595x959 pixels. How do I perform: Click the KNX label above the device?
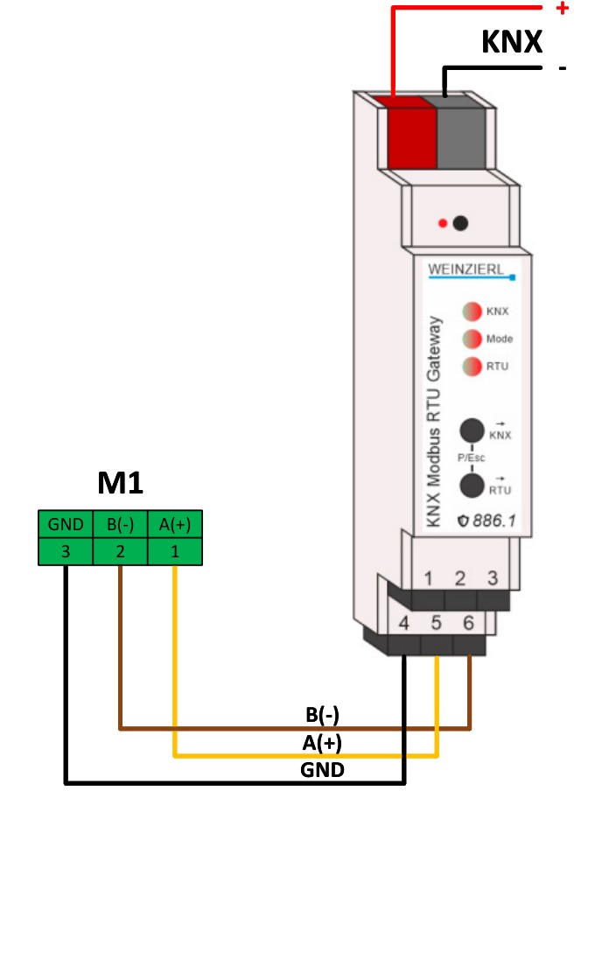(512, 42)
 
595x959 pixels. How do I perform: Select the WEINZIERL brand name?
(466, 269)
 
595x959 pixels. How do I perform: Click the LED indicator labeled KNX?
(472, 311)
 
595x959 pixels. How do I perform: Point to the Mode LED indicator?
(472, 339)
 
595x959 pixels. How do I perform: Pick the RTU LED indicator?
(472, 367)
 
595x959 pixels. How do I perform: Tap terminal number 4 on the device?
(404, 623)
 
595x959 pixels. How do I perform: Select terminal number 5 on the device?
(437, 623)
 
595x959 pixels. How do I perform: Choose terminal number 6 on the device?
(469, 623)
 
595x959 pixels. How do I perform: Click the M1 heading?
(120, 484)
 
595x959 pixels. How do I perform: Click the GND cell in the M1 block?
(66, 524)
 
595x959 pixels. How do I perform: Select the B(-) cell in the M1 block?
(120, 524)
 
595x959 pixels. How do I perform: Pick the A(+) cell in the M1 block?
(175, 524)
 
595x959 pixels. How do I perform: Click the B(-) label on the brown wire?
(322, 715)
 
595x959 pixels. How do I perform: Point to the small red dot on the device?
(443, 223)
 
